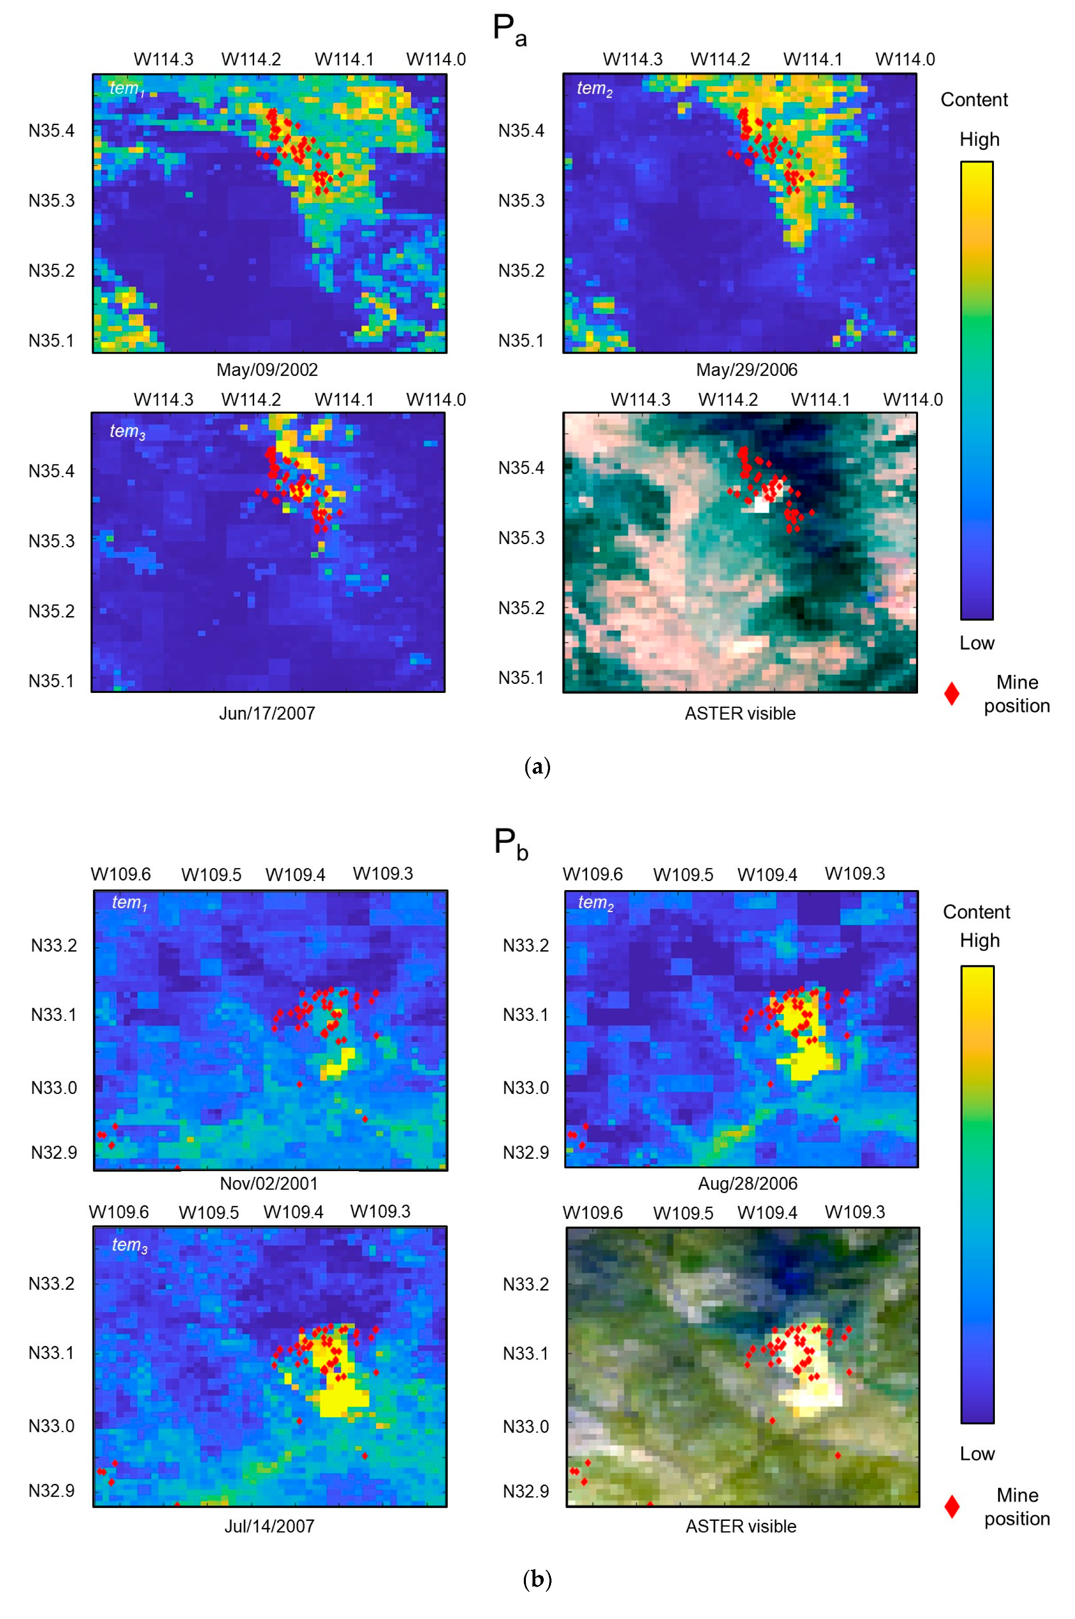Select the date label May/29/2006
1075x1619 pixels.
coord(746,370)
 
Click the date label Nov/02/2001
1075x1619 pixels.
coord(269,1183)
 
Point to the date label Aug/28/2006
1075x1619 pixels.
coord(747,1183)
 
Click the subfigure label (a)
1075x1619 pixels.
coord(537,767)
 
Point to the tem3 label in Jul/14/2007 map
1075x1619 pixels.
coord(129,1245)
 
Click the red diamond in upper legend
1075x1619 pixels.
coord(952,693)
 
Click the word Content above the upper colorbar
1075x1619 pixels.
coord(974,100)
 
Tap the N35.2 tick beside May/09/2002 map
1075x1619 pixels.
coord(51,271)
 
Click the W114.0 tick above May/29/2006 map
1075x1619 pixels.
coord(905,60)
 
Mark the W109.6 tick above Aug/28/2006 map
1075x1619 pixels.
coord(592,874)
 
